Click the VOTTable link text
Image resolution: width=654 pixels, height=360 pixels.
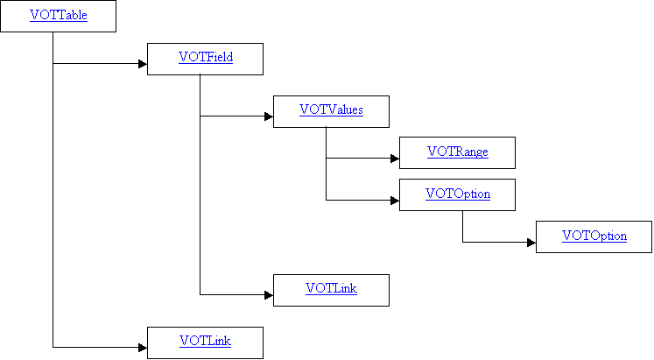(x=59, y=15)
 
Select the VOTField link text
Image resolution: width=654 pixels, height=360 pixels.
(x=206, y=57)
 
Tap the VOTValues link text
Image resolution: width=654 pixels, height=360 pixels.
(x=331, y=109)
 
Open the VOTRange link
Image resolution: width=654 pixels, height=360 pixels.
(x=458, y=152)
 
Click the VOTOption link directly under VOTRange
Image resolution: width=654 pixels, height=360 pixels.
(x=458, y=194)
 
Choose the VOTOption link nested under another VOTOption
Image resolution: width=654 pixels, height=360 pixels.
(x=594, y=236)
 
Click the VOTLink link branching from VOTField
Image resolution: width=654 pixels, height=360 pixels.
(x=331, y=288)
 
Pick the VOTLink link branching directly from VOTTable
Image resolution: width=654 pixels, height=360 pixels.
(x=205, y=341)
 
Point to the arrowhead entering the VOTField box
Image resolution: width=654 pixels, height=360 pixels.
(x=143, y=64)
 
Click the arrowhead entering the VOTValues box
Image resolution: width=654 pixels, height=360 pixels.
(x=269, y=116)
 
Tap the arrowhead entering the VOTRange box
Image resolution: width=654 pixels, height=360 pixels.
(x=395, y=159)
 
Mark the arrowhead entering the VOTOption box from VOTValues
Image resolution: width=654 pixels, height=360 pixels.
(x=395, y=201)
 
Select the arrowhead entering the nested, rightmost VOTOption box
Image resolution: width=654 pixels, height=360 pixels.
(x=531, y=243)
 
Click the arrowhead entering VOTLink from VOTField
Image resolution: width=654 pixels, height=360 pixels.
(x=269, y=295)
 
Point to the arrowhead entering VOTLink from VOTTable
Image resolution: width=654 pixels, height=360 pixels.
(x=143, y=348)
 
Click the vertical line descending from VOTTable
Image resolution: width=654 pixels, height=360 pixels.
(x=53, y=190)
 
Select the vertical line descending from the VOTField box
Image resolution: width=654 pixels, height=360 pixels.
(x=200, y=185)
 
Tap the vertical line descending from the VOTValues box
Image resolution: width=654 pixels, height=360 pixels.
(x=327, y=164)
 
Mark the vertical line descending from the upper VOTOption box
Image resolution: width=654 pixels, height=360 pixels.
(x=462, y=227)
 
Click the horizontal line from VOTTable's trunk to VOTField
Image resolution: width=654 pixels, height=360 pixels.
(x=96, y=64)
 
